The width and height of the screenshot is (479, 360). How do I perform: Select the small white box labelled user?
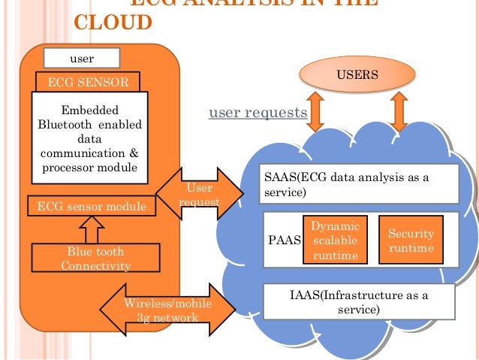(82, 57)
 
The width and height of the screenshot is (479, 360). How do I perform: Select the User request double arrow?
(199, 195)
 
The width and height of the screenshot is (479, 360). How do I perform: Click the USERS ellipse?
(357, 75)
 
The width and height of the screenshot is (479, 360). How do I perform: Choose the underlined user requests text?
(258, 113)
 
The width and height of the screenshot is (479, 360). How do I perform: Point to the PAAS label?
(284, 241)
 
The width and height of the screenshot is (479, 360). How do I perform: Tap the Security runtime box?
(410, 241)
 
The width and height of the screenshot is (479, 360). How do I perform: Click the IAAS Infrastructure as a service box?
(359, 302)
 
